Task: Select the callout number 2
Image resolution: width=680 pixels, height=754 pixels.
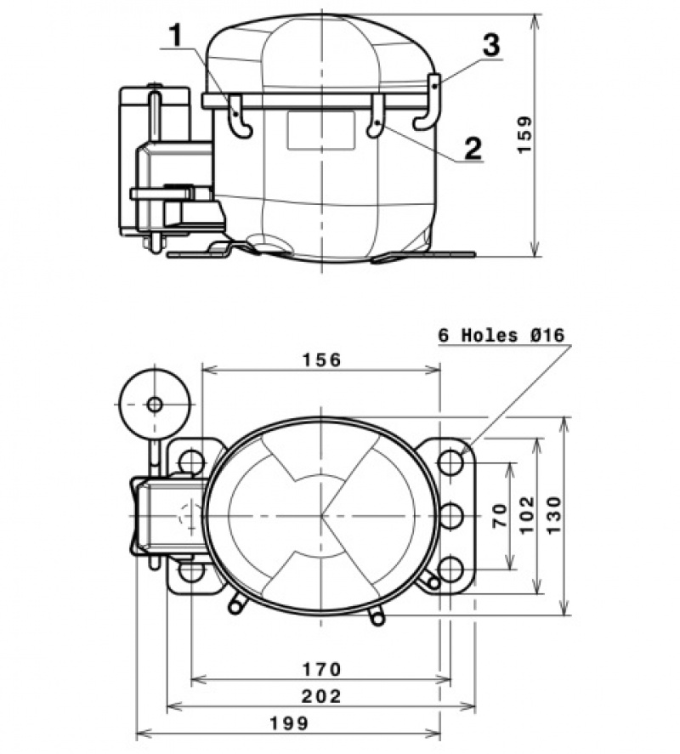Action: (x=473, y=147)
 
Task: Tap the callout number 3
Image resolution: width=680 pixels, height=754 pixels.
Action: (x=490, y=45)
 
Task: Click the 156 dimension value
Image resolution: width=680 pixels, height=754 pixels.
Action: (x=320, y=360)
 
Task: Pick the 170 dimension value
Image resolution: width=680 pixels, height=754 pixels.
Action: (x=320, y=668)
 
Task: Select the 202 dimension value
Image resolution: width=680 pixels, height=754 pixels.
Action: (x=320, y=696)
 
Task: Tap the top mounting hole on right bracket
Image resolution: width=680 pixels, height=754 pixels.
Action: (x=450, y=462)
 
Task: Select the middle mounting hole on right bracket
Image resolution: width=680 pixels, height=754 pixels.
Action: (x=450, y=515)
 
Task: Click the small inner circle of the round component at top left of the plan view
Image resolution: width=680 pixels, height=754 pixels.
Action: (x=154, y=405)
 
